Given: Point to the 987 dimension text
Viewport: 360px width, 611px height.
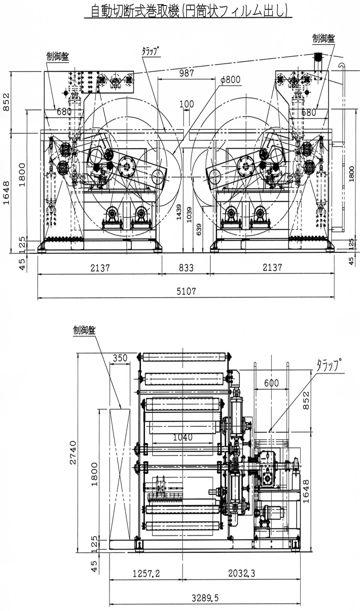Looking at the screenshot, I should (187, 74).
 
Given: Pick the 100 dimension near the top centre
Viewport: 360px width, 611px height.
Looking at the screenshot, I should (187, 104).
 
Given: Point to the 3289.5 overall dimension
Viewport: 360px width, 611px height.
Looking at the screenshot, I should (205, 598).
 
